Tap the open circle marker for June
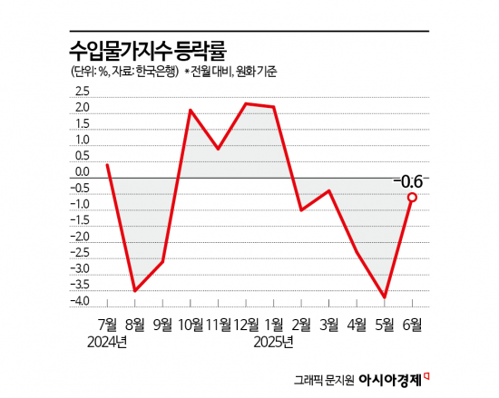[412, 197]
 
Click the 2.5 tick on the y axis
[83, 92]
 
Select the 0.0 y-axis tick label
[83, 172]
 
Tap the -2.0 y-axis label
[81, 237]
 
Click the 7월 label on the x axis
[108, 323]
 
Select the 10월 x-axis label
[190, 323]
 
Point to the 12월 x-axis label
[246, 323]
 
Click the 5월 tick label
[385, 323]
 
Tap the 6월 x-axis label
[413, 323]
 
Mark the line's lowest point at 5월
[385, 296]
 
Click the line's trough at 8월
[135, 291]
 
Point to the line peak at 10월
[191, 111]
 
